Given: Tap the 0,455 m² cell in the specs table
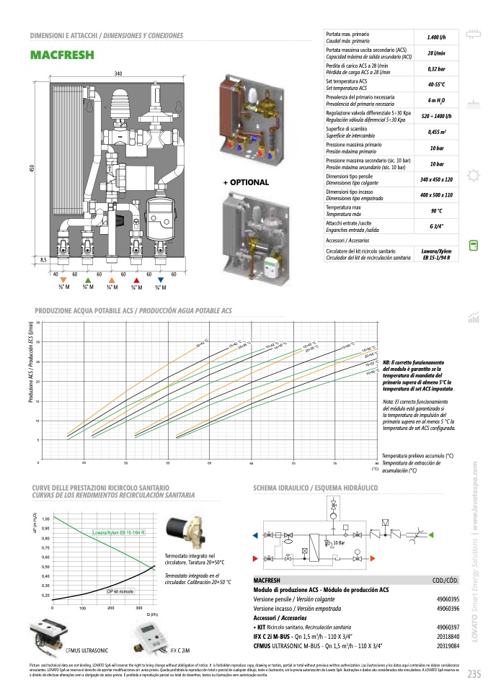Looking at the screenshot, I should click(436, 132).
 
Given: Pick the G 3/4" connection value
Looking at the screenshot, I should click(436, 227).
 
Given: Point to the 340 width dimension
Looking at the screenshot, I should click(119, 74).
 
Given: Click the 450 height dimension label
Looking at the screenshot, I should click(32, 168).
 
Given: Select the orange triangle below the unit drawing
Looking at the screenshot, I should click(63, 279).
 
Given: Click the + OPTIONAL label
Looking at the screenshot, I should click(246, 183).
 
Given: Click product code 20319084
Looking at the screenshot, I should click(448, 645).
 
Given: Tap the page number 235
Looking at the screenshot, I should click(474, 674).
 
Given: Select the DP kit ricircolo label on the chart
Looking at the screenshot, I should click(120, 591).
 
